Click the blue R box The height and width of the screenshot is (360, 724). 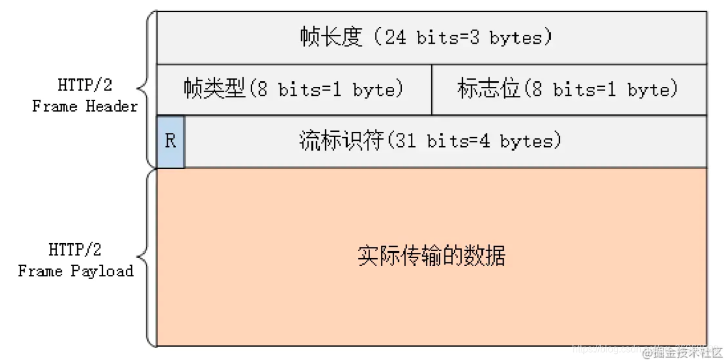pos(171,142)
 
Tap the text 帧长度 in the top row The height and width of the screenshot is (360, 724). pos(332,38)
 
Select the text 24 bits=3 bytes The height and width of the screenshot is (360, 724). pos(466,38)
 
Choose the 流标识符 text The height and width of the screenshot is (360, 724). pos(341,142)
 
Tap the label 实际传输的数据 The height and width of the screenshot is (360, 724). pos(431,256)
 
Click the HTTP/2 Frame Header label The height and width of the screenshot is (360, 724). pos(84,96)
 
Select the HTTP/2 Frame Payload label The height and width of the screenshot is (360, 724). pos(75,260)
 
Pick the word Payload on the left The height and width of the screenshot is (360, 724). pos(102,271)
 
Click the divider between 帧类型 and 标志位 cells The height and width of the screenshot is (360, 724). pos(432,90)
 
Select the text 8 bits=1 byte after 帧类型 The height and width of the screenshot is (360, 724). pos(327,90)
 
